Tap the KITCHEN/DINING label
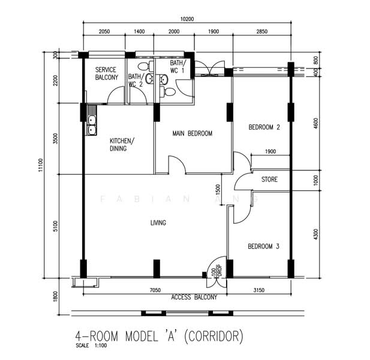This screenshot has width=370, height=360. coord(122,145)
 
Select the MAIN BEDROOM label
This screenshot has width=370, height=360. coord(192,133)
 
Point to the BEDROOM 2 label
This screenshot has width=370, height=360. coord(264,127)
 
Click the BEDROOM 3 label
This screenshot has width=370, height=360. coord(264,247)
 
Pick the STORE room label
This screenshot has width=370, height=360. coord(269,179)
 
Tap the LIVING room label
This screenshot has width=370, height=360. coord(158,223)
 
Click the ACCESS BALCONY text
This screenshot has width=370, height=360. coord(194,297)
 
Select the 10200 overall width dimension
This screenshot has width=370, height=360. coord(187,19)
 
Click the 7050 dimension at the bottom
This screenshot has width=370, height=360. coord(156,290)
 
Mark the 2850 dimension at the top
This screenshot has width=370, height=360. coord(261,31)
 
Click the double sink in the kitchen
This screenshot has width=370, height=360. coord(91,124)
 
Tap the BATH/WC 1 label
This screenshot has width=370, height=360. coord(178,67)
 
